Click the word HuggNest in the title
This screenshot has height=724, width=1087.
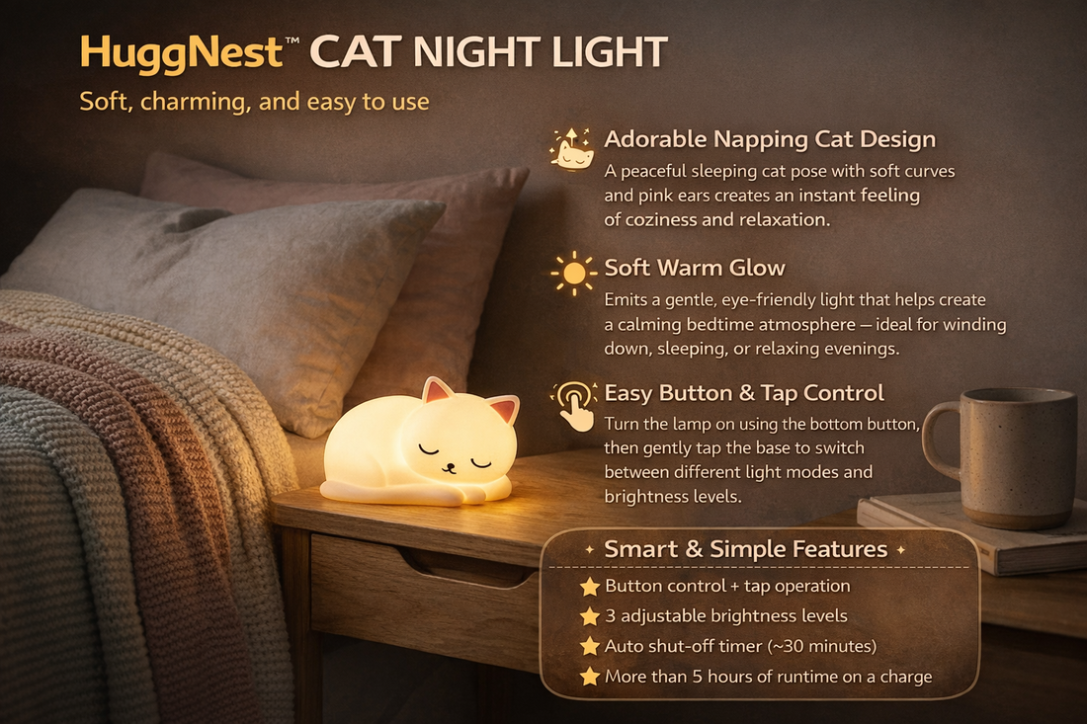pyautogui.click(x=181, y=53)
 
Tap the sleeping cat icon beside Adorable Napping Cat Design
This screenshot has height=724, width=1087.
pyautogui.click(x=572, y=150)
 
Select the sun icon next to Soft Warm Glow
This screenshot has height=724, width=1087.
pyautogui.click(x=573, y=273)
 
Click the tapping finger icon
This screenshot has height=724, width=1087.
pyautogui.click(x=574, y=403)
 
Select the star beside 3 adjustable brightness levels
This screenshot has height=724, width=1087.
pyautogui.click(x=590, y=616)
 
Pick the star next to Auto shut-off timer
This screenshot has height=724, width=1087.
pyautogui.click(x=590, y=647)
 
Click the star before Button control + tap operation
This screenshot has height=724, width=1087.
pyautogui.click(x=590, y=587)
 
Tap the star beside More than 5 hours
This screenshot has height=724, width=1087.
pyautogui.click(x=590, y=677)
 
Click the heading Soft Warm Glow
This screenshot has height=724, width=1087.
pyautogui.click(x=695, y=268)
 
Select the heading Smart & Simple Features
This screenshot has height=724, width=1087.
pyautogui.click(x=746, y=549)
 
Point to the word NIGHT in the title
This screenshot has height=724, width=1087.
pyautogui.click(x=492, y=53)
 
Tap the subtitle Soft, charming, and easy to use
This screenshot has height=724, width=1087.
pyautogui.click(x=254, y=102)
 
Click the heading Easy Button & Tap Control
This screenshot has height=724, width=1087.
pyautogui.click(x=744, y=393)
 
